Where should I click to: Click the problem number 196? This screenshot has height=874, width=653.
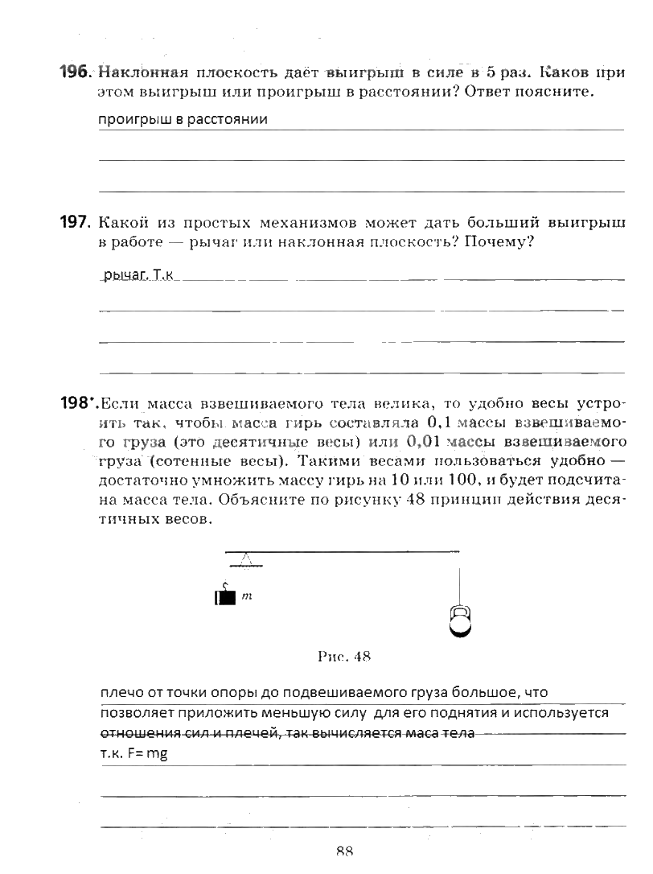pyautogui.click(x=76, y=72)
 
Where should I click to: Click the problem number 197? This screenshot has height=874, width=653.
pyautogui.click(x=76, y=222)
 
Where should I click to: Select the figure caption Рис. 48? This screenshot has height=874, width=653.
pyautogui.click(x=343, y=656)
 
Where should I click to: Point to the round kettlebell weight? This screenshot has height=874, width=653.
pyautogui.click(x=459, y=621)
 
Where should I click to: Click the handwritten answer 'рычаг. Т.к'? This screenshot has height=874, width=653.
pyautogui.click(x=138, y=276)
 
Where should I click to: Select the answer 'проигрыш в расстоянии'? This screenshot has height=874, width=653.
pyautogui.click(x=183, y=120)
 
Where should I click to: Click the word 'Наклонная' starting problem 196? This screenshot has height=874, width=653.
pyautogui.click(x=139, y=72)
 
